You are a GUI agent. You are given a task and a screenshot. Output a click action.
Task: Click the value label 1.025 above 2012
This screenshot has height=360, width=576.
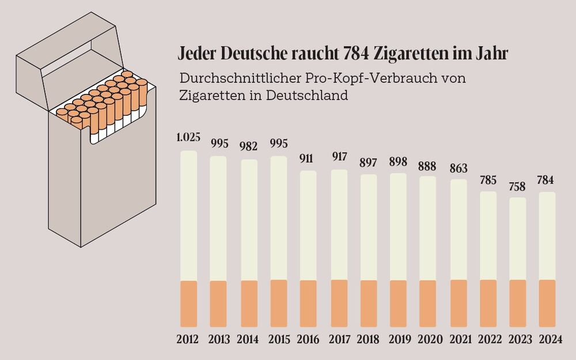pos(189,139)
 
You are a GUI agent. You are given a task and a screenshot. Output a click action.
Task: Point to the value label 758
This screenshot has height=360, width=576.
pos(518,185)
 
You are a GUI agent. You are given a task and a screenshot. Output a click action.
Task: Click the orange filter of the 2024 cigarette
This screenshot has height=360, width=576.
pos(547,304)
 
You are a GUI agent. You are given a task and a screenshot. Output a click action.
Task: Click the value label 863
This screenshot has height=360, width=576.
pos(458,168)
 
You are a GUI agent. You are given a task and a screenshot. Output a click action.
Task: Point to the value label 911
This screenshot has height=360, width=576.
pos(309,158)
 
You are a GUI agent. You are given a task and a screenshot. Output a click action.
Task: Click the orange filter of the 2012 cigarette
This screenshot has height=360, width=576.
pos(189,304)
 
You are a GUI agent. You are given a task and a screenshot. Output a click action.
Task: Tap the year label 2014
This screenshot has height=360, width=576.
pos(249,339)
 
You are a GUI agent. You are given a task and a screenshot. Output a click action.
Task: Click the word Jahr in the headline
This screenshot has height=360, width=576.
pos(493,54)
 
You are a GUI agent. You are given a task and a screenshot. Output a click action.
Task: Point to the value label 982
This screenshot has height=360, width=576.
pos(249,147)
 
